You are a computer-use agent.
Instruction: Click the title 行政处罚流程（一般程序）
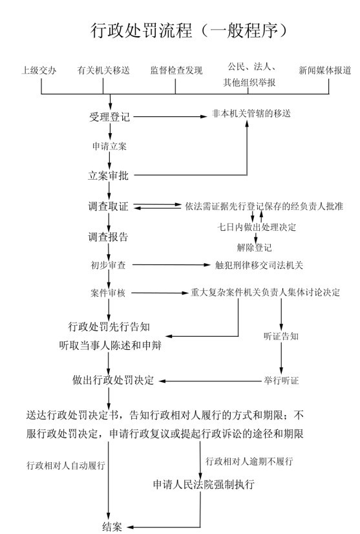(x=189, y=30)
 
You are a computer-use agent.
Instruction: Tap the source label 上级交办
(x=39, y=70)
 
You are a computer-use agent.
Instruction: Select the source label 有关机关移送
(x=103, y=70)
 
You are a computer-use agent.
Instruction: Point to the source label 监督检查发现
(x=176, y=70)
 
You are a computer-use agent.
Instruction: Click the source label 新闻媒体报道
(x=324, y=70)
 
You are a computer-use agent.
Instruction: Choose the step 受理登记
(x=109, y=117)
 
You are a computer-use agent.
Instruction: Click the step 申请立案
(x=109, y=146)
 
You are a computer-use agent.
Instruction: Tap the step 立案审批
(x=109, y=176)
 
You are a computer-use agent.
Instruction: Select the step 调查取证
(x=109, y=206)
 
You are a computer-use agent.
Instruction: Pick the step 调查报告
(x=109, y=237)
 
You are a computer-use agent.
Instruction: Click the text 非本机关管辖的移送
(x=251, y=113)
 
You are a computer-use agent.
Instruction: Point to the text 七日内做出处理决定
(x=257, y=227)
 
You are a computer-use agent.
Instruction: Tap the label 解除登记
(x=255, y=247)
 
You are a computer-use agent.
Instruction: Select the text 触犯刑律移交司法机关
(x=259, y=265)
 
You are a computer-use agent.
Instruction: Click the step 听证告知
(x=281, y=336)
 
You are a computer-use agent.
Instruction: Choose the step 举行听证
(x=281, y=380)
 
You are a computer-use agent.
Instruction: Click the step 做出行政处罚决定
(x=113, y=380)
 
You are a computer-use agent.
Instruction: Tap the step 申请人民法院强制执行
(x=204, y=484)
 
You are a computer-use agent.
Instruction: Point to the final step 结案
(x=112, y=526)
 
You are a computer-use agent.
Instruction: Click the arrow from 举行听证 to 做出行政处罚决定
(x=211, y=381)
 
